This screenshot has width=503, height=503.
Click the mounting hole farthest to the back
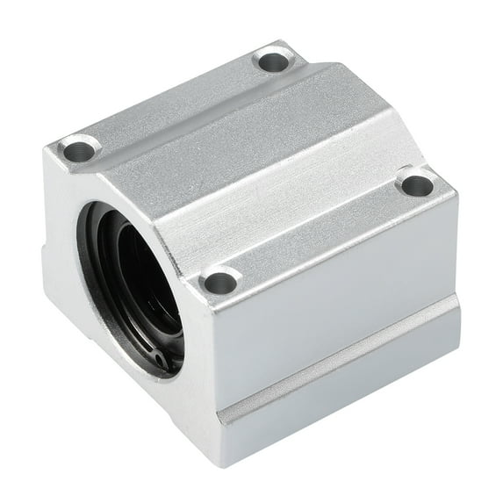pyautogui.click(x=273, y=61)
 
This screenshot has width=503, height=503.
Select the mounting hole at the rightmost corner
pyautogui.click(x=415, y=184)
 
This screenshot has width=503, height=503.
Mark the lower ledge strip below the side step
pyautogui.click(x=342, y=386)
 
